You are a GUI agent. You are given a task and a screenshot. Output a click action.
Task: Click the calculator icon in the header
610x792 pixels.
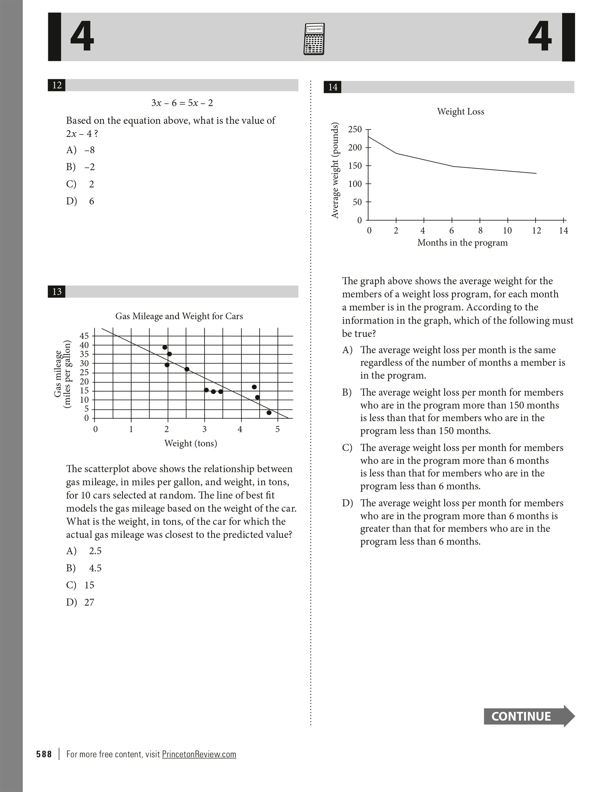click(x=314, y=39)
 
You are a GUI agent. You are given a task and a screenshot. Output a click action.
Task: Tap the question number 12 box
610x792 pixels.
click(x=57, y=85)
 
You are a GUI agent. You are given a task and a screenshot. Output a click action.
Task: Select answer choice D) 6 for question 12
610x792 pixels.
click(x=80, y=201)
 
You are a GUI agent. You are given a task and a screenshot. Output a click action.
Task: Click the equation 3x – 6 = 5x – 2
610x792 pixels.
click(x=182, y=103)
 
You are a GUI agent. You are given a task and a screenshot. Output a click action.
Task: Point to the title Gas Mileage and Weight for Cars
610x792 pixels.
click(x=179, y=316)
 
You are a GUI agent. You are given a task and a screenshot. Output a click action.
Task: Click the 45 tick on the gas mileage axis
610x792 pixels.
click(x=84, y=336)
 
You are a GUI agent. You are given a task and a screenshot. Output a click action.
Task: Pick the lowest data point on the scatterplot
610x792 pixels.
click(x=269, y=413)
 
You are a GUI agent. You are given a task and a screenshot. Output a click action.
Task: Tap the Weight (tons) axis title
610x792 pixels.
click(x=190, y=443)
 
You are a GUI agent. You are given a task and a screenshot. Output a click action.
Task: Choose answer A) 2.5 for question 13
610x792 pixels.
click(x=84, y=551)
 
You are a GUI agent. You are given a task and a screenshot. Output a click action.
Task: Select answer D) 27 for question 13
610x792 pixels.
click(x=80, y=602)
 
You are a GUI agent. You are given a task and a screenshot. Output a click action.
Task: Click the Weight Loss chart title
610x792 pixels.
click(x=460, y=112)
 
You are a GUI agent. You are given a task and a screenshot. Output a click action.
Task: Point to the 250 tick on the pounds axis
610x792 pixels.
click(x=355, y=129)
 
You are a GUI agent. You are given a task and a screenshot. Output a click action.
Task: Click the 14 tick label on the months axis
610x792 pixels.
click(x=564, y=231)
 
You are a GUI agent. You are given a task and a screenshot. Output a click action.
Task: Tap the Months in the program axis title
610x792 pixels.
click(x=462, y=243)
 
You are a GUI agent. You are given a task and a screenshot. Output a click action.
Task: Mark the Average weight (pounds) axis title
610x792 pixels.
click(x=335, y=170)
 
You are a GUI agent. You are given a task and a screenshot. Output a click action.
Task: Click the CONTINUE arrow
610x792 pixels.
click(x=529, y=716)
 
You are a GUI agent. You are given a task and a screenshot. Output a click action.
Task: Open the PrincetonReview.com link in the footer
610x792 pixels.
click(x=199, y=754)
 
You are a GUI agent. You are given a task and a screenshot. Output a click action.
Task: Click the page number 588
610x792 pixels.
click(x=44, y=754)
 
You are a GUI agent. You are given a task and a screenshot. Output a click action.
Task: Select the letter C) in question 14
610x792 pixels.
click(x=347, y=448)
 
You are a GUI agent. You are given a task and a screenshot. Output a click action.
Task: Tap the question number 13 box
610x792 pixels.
click(x=57, y=292)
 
